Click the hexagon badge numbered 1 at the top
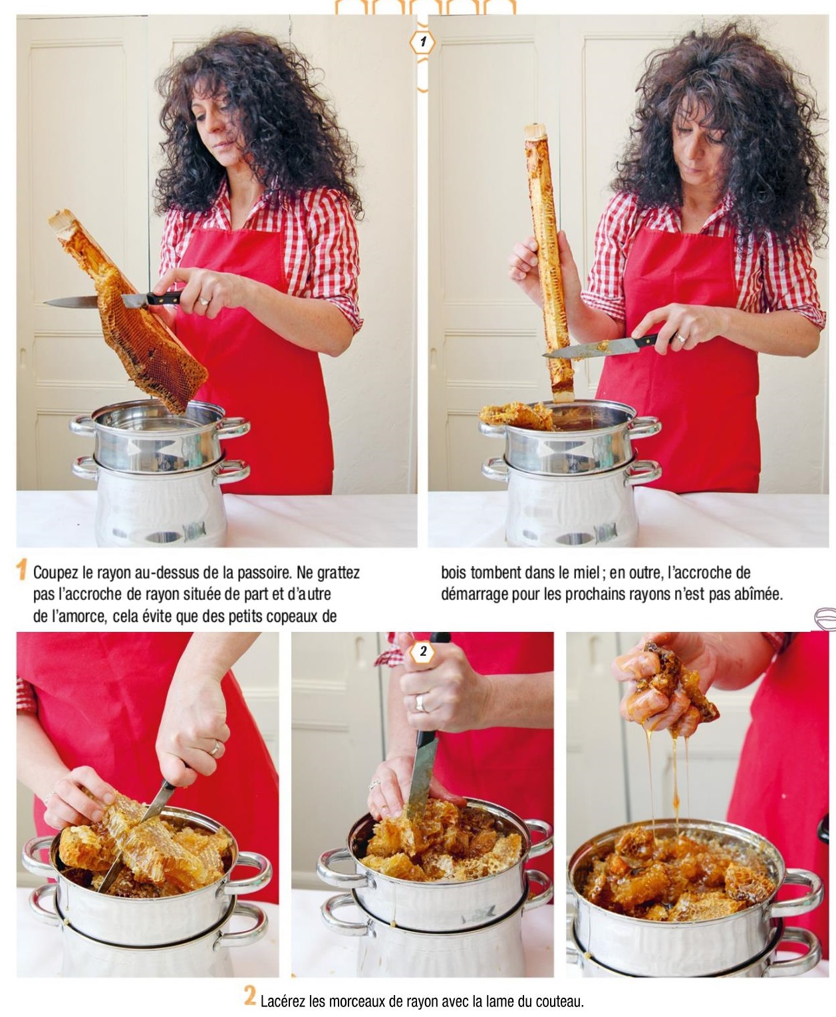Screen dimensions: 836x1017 pyautogui.click(x=422, y=43)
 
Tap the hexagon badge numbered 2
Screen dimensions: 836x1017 pyautogui.click(x=423, y=652)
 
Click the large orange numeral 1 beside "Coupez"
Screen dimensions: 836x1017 pyautogui.click(x=21, y=571)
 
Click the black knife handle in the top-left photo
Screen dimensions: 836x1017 pyautogui.click(x=163, y=297)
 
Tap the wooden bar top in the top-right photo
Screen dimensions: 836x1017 pyautogui.click(x=535, y=131)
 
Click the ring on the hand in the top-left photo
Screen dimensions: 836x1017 pyautogui.click(x=204, y=301)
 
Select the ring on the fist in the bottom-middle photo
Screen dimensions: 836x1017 pyautogui.click(x=420, y=702)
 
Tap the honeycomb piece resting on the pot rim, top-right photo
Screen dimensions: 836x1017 pyautogui.click(x=517, y=416)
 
